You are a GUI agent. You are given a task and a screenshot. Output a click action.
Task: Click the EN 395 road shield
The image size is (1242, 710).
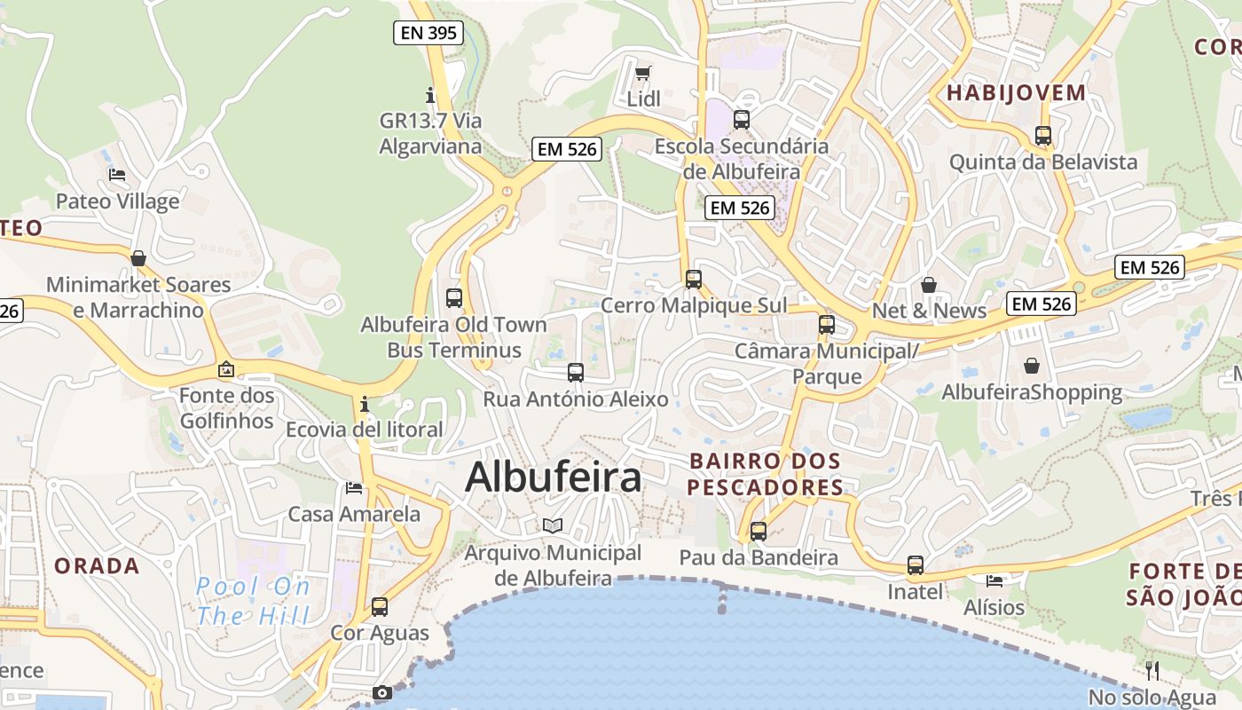[x=428, y=34]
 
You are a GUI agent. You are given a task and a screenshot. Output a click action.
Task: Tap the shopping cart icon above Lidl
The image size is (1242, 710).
[x=643, y=73]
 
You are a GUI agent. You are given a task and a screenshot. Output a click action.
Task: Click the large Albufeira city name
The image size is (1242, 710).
[x=553, y=477]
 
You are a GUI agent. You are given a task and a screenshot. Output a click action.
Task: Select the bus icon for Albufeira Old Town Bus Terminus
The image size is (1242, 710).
[x=454, y=298]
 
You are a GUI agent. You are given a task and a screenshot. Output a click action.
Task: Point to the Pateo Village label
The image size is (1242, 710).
[x=117, y=201]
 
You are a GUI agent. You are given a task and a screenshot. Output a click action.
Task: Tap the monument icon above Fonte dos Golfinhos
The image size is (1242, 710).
[x=226, y=369]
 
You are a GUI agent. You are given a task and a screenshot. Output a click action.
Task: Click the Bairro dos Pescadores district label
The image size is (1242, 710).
[x=765, y=474]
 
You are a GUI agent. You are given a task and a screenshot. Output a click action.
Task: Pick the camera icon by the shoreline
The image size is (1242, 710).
[x=382, y=692]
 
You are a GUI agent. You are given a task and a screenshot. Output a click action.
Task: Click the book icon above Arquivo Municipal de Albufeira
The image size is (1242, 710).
[x=553, y=525]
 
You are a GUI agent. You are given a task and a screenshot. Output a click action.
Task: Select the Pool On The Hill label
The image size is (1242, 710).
[x=254, y=601]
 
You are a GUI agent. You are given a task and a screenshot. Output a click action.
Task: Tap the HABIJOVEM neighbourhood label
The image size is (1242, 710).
[x=1016, y=92]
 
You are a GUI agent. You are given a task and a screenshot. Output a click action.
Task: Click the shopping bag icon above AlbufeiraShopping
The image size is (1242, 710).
[x=1032, y=366]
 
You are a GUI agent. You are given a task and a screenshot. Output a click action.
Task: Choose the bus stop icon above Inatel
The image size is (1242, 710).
[x=915, y=565]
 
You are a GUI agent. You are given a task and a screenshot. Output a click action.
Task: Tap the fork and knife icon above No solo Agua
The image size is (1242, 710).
[x=1152, y=670]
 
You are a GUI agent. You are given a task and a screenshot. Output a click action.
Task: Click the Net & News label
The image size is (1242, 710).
[x=929, y=311]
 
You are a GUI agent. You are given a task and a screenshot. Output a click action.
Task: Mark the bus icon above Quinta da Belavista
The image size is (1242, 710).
[x=1043, y=136]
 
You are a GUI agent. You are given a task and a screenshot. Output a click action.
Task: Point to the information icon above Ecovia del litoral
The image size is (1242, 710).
[x=365, y=405]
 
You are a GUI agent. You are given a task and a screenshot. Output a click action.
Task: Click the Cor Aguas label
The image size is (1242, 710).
[x=380, y=634]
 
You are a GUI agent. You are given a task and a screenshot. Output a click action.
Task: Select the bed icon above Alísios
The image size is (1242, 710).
[x=994, y=581]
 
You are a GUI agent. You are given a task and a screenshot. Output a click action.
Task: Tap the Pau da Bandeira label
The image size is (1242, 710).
[x=759, y=557]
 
